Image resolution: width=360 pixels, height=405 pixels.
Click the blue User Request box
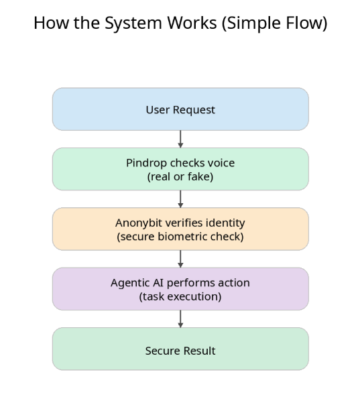coord(180,109)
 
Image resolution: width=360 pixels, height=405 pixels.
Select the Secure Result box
coord(180,349)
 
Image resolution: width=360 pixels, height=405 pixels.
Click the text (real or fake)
coord(180,176)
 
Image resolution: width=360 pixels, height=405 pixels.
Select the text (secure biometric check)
coord(180,236)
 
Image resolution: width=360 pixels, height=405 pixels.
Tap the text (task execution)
coord(180,296)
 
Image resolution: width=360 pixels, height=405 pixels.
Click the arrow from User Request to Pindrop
coord(180,139)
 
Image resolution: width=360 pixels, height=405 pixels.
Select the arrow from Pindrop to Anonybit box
coord(180,198)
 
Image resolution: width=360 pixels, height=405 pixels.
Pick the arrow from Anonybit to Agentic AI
coord(180,259)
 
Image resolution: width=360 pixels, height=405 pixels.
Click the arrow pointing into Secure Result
coord(180,319)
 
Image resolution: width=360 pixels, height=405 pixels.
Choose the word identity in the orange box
coord(225,223)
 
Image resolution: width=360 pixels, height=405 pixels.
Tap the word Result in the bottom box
coord(199,351)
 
